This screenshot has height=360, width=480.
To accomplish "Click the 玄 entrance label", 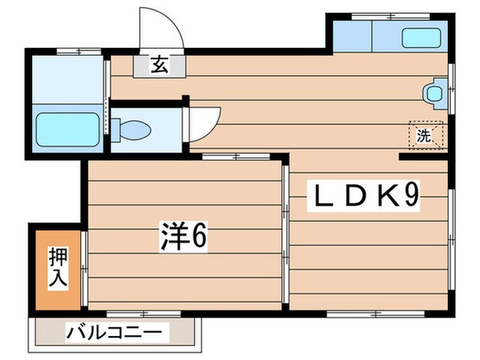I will (x=159, y=66).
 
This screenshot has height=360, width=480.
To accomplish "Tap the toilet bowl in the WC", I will (x=133, y=128).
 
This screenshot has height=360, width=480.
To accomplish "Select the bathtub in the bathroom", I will (x=67, y=129).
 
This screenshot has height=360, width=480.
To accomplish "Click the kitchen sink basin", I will (x=422, y=37).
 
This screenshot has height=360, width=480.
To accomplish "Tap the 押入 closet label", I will (x=58, y=270).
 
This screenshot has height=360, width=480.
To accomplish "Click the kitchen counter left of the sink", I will (x=351, y=35).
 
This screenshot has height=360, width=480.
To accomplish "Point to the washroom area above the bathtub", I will (x=67, y=80).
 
